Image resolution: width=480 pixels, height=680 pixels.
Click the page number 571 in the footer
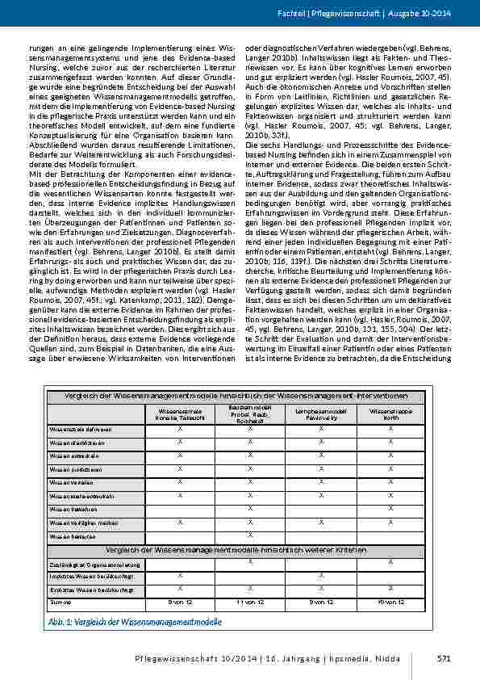443,659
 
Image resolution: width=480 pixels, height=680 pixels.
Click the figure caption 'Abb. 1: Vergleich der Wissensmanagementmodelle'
136,622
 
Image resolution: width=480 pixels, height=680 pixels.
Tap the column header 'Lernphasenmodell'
321,411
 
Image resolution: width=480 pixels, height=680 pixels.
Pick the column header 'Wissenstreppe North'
390,415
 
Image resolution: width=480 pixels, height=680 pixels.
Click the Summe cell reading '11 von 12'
250,602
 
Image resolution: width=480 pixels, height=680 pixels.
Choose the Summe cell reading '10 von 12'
390,602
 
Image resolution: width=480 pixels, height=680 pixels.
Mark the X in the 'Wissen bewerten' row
250,535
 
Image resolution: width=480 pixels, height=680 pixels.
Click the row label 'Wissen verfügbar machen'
83,523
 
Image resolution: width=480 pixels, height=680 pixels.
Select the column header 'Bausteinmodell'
250,408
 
